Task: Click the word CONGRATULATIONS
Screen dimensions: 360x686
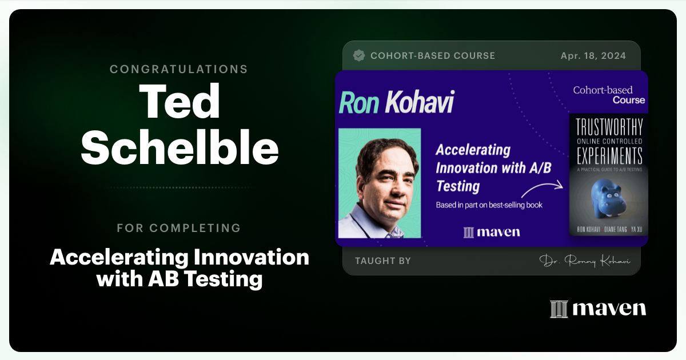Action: [x=179, y=69]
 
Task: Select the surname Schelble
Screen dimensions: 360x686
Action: [x=179, y=149]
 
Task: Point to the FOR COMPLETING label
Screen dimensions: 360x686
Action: [x=179, y=228]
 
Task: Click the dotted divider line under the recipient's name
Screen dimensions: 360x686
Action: [x=179, y=187]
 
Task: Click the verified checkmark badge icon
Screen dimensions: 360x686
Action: [x=359, y=55]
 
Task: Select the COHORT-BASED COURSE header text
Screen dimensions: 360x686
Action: [x=433, y=56]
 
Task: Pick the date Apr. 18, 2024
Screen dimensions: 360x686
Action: [x=593, y=56]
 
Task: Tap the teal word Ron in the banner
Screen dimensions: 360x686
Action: [x=360, y=102]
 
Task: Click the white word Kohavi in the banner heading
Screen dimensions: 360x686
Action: [x=419, y=102]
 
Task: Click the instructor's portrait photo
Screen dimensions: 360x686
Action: [x=380, y=183]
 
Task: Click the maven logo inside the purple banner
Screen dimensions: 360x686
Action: [x=491, y=232]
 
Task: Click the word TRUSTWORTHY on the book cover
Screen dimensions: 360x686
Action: [x=609, y=127]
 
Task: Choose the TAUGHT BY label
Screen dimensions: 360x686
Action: [x=382, y=261]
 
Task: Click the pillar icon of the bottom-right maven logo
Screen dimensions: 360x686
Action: [x=559, y=309]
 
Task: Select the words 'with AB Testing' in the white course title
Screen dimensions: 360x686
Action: [x=179, y=279]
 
